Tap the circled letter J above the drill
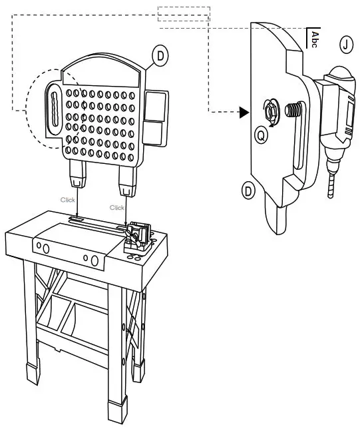coord(346,45)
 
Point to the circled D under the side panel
coord(248,191)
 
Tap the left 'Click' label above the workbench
coord(68,199)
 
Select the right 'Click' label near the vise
coord(117,207)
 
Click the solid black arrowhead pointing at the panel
coord(244,113)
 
